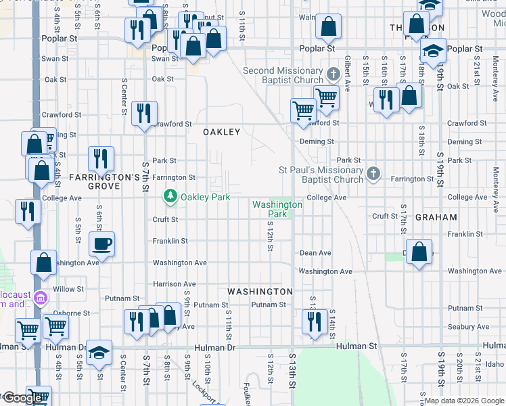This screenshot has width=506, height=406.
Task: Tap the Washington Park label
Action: (277, 209)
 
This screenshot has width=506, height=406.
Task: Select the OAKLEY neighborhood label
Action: (222, 133)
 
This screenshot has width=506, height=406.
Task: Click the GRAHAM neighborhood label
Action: (436, 218)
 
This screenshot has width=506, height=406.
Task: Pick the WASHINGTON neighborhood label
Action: (260, 292)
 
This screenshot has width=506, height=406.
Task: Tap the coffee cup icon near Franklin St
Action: (101, 244)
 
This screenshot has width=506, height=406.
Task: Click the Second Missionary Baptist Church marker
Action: (332, 73)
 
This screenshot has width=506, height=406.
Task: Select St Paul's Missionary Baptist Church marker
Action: (372, 175)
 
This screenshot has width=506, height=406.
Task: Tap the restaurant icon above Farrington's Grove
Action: (101, 158)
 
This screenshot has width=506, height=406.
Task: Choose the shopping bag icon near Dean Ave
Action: (419, 251)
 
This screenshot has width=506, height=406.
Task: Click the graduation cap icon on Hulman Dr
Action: (99, 352)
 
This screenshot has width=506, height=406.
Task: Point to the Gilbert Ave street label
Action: (347, 74)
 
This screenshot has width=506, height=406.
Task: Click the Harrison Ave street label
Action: (175, 284)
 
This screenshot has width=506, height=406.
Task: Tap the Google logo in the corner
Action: (22, 398)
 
